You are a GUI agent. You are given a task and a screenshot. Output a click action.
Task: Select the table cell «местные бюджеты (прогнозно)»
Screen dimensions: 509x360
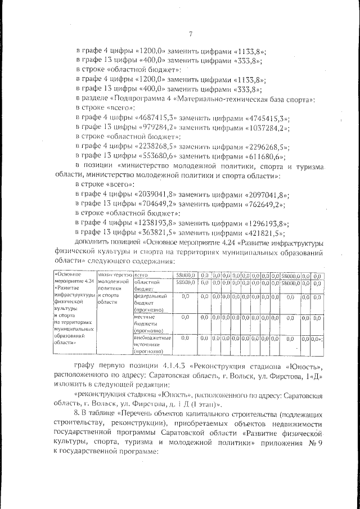coord(149,324)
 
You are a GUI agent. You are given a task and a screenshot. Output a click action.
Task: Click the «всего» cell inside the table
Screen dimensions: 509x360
coord(141,275)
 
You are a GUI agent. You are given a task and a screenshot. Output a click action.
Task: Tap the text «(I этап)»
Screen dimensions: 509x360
coord(206,404)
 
